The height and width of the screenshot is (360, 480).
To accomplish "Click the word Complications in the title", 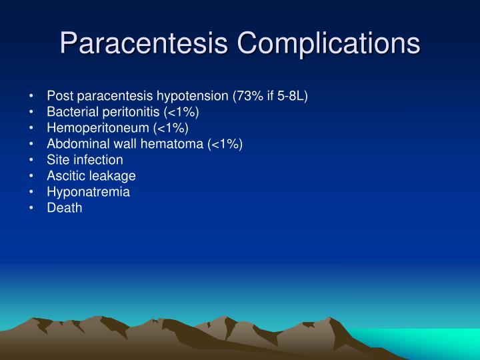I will pos(329,43).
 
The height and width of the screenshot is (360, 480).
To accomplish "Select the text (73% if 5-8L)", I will pos(269,96).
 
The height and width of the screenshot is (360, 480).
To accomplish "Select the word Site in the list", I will pos(57,160).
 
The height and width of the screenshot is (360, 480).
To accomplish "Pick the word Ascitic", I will pos(65,176).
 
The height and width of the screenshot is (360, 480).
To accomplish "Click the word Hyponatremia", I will pos(89,192).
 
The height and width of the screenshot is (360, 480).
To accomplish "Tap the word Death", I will pos(65,208).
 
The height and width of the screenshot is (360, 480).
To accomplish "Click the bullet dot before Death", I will pos(32,209).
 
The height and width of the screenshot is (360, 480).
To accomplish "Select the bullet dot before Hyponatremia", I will pos(32,193).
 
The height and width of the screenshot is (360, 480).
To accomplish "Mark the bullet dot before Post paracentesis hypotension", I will pos(32,97).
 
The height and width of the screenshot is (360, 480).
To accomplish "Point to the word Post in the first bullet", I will pos(59,96).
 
